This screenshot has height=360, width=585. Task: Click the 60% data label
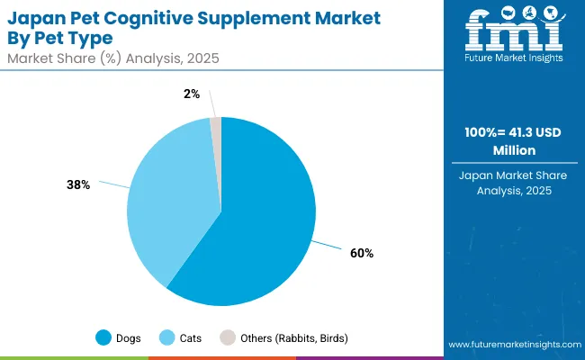click(x=363, y=253)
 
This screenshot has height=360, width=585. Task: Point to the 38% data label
click(x=78, y=184)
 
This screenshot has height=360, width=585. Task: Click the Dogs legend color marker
click(x=103, y=338)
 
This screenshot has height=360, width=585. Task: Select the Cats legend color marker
click(x=167, y=338)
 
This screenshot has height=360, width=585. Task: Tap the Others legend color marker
click(x=229, y=338)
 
